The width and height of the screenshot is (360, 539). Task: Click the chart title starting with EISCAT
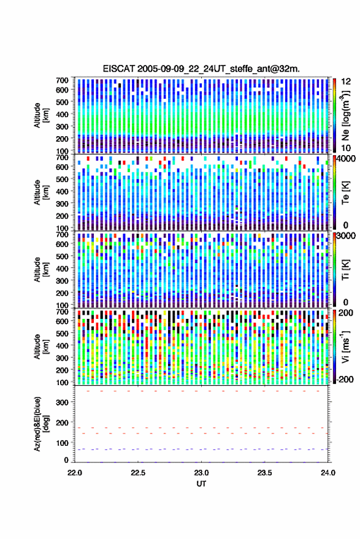(201, 69)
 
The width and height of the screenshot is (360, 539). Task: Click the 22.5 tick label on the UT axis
(138, 473)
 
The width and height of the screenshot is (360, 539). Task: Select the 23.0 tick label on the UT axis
(201, 473)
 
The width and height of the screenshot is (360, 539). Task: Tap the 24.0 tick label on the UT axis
(328, 473)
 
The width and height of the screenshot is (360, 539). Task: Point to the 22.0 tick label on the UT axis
(75, 473)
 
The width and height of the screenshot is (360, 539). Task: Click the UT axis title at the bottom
(201, 484)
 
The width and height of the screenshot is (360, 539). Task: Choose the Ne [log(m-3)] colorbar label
(345, 115)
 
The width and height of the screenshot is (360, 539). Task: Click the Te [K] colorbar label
(345, 192)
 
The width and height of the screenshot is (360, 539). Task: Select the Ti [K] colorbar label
(345, 270)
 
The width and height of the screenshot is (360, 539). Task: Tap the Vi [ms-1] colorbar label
(345, 346)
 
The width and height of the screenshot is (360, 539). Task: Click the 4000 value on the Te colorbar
(347, 159)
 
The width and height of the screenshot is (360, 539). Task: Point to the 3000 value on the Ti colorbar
(347, 236)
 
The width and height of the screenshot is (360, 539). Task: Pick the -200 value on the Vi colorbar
(344, 380)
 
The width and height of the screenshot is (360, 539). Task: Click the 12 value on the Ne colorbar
(346, 82)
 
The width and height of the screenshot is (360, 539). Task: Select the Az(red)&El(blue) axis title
(42, 424)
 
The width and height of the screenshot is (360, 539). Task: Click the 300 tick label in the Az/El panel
(62, 402)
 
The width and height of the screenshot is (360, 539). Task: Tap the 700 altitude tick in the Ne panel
(62, 80)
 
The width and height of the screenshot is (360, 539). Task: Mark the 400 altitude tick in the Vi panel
(62, 346)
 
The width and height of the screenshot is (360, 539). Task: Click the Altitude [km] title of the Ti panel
(42, 270)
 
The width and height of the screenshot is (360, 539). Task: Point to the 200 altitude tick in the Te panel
(62, 216)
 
